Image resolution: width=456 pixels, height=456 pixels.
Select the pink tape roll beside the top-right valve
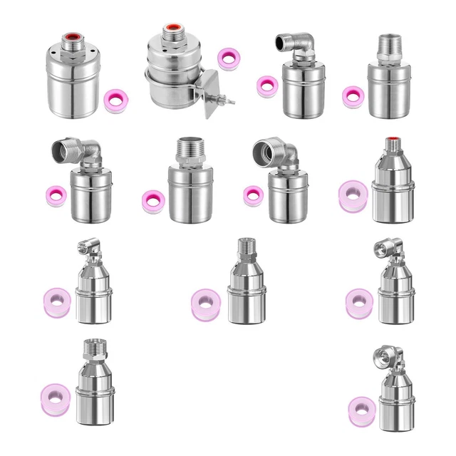pos(352,95)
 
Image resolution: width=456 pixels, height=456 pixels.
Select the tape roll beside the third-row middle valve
pos(205,302)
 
